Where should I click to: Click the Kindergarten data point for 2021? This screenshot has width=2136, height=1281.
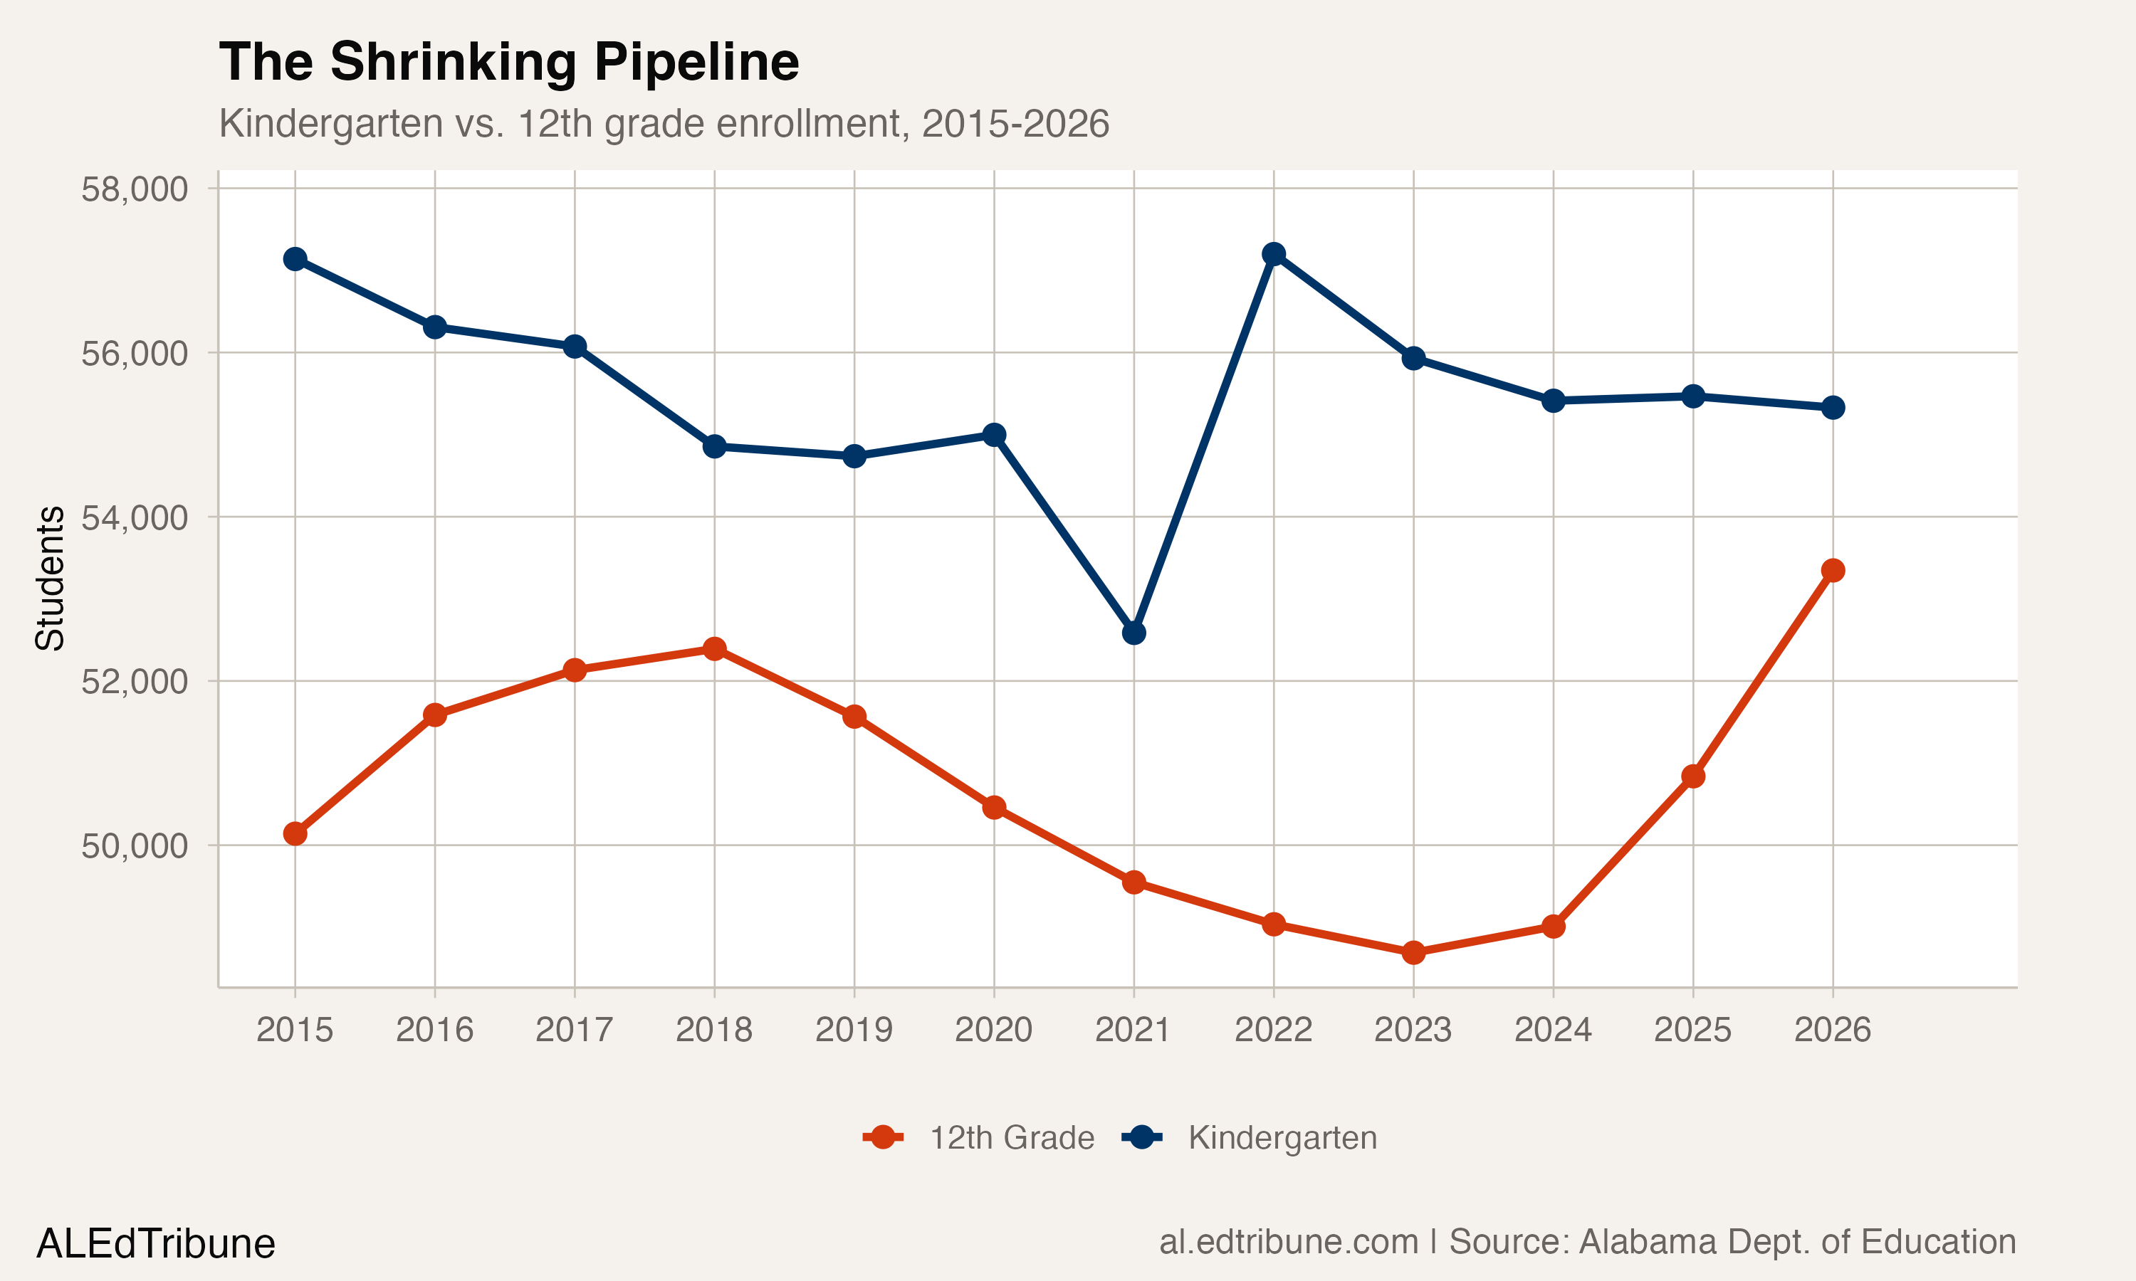(1134, 633)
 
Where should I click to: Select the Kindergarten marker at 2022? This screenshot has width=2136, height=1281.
(1274, 254)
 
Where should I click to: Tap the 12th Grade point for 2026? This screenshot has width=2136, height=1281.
(1833, 571)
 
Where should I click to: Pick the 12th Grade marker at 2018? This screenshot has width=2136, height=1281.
(714, 648)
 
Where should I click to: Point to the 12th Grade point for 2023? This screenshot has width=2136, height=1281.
(1413, 953)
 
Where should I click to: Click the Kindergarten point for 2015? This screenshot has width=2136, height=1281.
(295, 259)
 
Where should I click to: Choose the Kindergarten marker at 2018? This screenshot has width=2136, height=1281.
(714, 446)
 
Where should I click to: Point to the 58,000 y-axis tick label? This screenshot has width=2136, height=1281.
(135, 189)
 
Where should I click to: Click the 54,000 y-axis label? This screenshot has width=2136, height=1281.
(135, 518)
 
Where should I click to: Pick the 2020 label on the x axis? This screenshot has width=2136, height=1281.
(994, 1030)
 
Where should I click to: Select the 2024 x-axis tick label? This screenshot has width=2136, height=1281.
(1553, 1030)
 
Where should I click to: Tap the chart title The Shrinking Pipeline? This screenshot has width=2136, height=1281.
(509, 62)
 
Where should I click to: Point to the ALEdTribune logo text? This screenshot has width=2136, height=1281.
(155, 1244)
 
